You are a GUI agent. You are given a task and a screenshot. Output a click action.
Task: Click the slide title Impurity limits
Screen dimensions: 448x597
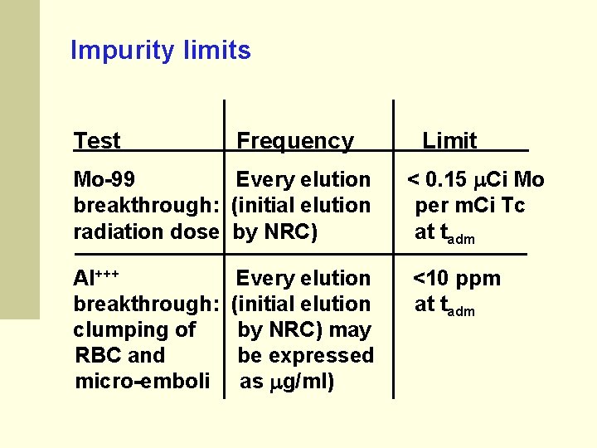tap(160, 51)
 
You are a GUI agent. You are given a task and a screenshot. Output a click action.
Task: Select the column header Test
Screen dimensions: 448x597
tap(97, 141)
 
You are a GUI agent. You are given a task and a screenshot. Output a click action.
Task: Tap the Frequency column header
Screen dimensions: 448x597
tap(295, 141)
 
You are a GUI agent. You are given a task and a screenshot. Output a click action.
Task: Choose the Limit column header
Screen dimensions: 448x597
tap(449, 141)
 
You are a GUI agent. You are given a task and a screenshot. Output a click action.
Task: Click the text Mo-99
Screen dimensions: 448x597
tap(105, 179)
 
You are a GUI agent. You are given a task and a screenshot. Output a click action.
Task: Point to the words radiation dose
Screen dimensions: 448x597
tap(145, 231)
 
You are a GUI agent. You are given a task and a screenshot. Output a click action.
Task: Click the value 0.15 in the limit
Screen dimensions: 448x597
tap(452, 179)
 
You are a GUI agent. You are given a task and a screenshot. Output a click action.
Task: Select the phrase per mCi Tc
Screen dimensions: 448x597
tap(470, 205)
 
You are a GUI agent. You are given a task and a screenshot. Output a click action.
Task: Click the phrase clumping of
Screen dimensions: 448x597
tap(135, 329)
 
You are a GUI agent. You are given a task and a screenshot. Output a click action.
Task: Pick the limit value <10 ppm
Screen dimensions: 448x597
tap(457, 278)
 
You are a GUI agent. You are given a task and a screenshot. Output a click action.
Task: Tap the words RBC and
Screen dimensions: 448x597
tap(120, 355)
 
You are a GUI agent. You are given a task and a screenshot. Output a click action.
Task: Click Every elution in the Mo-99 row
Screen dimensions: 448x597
tap(303, 179)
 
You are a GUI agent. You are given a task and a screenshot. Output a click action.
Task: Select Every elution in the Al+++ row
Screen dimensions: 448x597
tap(303, 278)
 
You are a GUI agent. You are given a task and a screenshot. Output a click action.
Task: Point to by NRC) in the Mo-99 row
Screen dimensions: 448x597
tap(275, 231)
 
